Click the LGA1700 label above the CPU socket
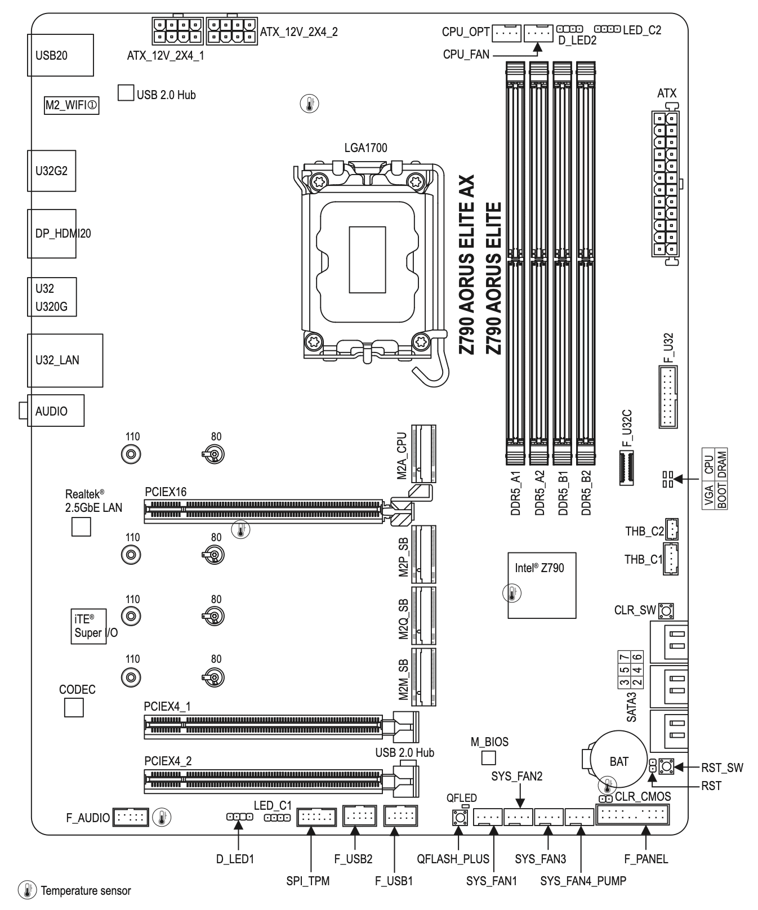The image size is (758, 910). (365, 148)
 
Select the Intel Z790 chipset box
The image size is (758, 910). (542, 585)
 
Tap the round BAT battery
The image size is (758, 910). (618, 761)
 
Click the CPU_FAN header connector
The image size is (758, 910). (538, 34)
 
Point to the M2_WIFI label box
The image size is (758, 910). (72, 105)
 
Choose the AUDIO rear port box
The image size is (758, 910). (55, 411)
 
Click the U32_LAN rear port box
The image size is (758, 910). (65, 360)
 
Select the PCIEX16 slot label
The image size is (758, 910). (166, 492)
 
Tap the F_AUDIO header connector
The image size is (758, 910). (130, 817)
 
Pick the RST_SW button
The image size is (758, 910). (667, 766)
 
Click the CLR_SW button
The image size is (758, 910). (666, 610)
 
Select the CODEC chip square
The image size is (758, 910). (74, 708)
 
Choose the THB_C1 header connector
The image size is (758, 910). (670, 559)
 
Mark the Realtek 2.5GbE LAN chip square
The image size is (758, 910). (81, 527)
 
